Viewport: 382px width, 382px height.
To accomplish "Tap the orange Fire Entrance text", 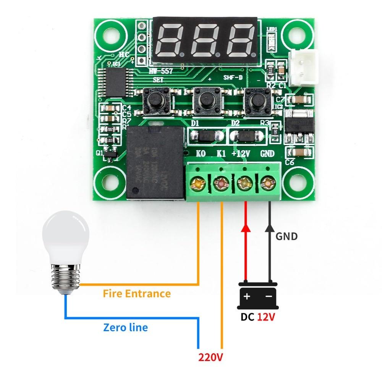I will click(137, 294).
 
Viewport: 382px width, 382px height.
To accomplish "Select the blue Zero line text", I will click(125, 327).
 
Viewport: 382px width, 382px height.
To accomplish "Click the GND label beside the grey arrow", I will click(286, 236).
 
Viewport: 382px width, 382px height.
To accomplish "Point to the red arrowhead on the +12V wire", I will click(246, 228).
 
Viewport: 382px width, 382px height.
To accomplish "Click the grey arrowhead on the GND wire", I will click(270, 228).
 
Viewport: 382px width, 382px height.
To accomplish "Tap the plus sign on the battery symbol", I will click(247, 296).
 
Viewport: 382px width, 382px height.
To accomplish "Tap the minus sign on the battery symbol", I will click(269, 296).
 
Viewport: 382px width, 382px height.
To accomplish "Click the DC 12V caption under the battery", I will click(257, 317).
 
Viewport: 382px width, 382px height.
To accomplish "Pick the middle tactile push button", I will click(206, 100).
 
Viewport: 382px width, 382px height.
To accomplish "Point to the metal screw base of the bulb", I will click(66, 278).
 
